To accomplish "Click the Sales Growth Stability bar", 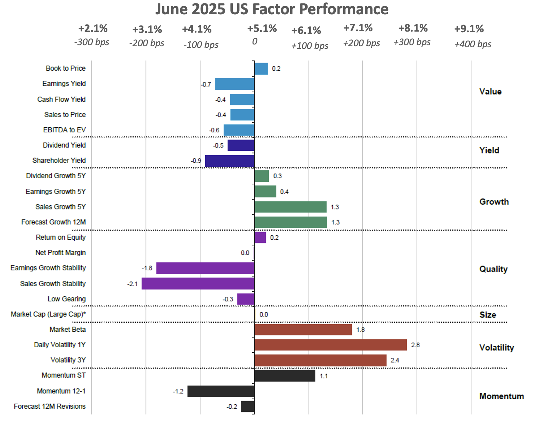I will click(x=198, y=283).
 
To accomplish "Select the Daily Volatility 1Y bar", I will click(x=330, y=345).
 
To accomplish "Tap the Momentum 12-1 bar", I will click(x=221, y=391).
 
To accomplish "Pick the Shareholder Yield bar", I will click(x=230, y=161).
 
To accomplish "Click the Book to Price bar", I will click(x=261, y=69).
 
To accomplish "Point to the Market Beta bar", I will click(x=303, y=330).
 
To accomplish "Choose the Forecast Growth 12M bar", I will click(x=291, y=222).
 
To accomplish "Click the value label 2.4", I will click(x=395, y=360).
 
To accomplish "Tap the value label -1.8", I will click(x=147, y=268).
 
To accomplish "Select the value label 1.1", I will click(x=324, y=376).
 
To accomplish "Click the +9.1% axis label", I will click(x=469, y=29).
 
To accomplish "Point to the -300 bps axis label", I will click(x=92, y=42).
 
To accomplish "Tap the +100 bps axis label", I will click(x=310, y=46).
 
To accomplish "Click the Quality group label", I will click(x=493, y=269).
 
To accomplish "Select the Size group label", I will click(x=487, y=315).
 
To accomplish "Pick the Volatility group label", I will click(x=496, y=348).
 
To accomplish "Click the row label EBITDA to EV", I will click(x=64, y=130).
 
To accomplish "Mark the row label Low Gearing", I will click(x=67, y=299).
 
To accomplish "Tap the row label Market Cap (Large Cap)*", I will click(x=48, y=314).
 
